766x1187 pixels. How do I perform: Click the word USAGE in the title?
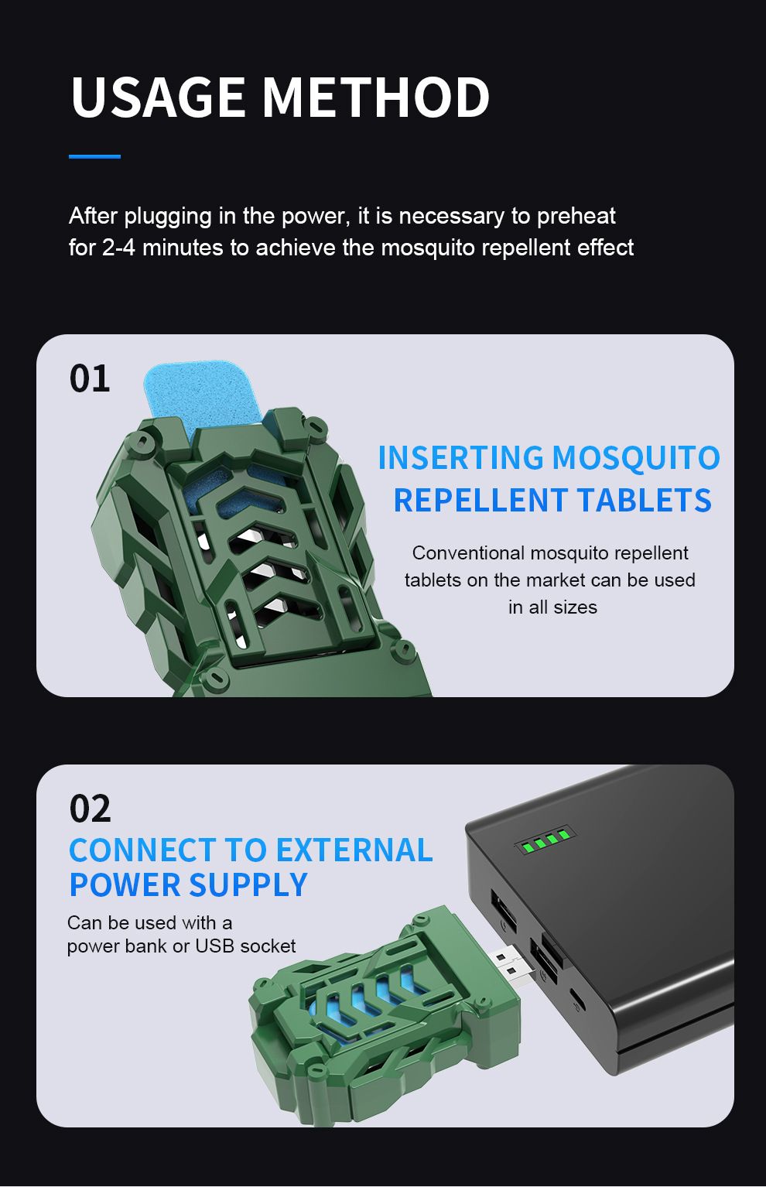[x=157, y=97]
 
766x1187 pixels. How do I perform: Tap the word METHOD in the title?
[x=376, y=97]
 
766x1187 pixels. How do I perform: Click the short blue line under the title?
[x=95, y=156]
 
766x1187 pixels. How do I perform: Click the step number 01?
[x=90, y=379]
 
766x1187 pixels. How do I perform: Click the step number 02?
[x=90, y=809]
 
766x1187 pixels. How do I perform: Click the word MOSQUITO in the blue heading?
[x=635, y=457]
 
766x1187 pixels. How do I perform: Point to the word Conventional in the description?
[x=468, y=552]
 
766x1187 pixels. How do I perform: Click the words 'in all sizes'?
[x=552, y=607]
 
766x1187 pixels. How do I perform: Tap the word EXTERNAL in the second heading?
[x=354, y=850]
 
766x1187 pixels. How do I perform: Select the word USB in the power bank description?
[x=215, y=946]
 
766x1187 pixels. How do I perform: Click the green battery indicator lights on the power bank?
[x=545, y=839]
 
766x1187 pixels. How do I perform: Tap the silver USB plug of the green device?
[x=510, y=966]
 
